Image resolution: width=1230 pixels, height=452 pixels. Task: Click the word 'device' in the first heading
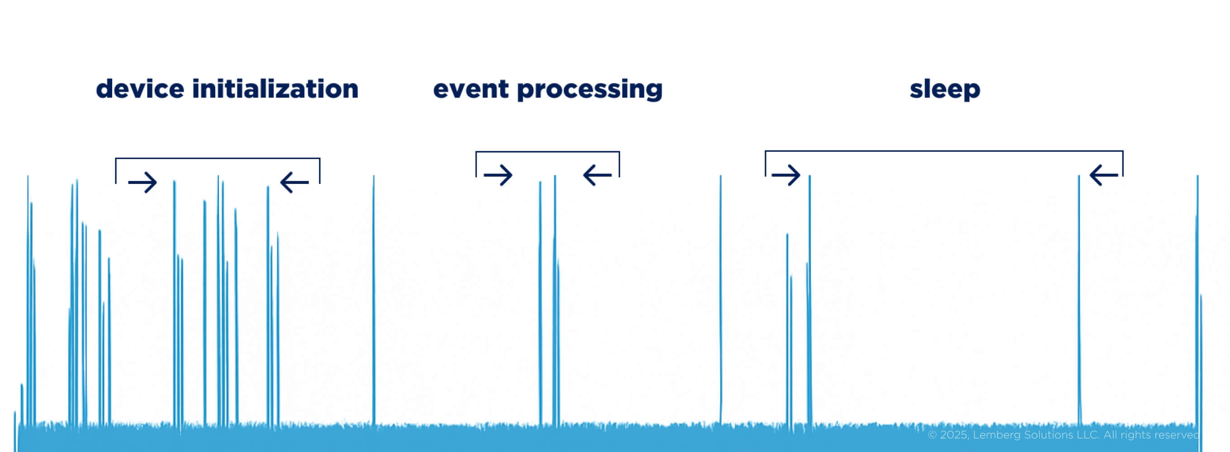click(140, 89)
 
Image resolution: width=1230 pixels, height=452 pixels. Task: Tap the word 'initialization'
click(275, 89)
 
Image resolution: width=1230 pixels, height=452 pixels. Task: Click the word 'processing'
click(590, 91)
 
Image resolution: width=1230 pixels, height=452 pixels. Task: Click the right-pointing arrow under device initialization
click(143, 182)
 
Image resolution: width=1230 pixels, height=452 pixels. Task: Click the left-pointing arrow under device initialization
click(294, 182)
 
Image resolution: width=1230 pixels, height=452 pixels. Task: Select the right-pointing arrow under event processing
click(498, 175)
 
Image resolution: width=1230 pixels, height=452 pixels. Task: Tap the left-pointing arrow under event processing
click(597, 175)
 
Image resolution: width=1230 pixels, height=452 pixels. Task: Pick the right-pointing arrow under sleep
click(786, 175)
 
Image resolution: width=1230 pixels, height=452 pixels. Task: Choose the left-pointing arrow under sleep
click(1103, 175)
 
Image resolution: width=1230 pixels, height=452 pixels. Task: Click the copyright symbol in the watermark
click(932, 435)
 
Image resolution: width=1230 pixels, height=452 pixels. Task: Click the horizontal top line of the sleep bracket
click(944, 151)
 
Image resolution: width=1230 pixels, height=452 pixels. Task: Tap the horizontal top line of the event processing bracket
click(548, 152)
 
